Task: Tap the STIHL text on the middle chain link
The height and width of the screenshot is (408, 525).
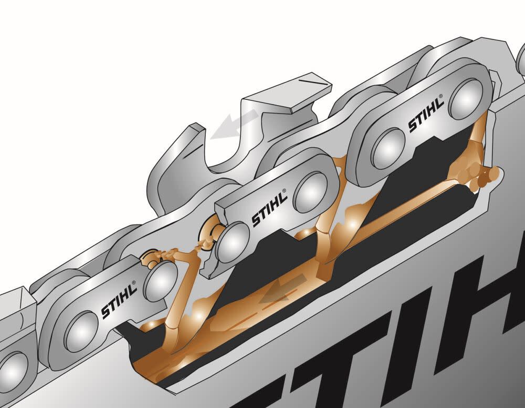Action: pyautogui.click(x=269, y=209)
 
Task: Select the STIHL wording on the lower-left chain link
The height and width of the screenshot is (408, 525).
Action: pyautogui.click(x=118, y=301)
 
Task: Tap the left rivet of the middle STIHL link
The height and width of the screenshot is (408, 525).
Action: pyautogui.click(x=232, y=243)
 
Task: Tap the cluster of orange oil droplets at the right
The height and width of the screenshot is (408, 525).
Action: pyautogui.click(x=480, y=176)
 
